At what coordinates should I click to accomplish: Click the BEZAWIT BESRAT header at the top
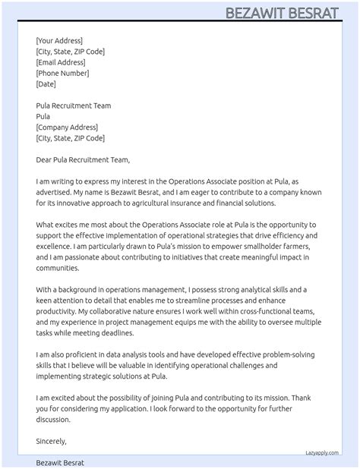click(x=291, y=13)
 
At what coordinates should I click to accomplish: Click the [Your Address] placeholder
click(x=59, y=41)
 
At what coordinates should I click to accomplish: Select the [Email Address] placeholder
click(x=61, y=62)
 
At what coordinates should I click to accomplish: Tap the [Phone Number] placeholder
click(x=62, y=74)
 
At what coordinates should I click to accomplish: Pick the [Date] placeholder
click(x=46, y=84)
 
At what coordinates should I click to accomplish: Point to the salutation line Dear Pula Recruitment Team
click(x=83, y=159)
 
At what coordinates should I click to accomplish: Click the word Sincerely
click(x=51, y=440)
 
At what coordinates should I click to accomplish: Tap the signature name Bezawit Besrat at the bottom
click(x=60, y=462)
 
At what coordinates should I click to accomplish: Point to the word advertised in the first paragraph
click(x=55, y=193)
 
